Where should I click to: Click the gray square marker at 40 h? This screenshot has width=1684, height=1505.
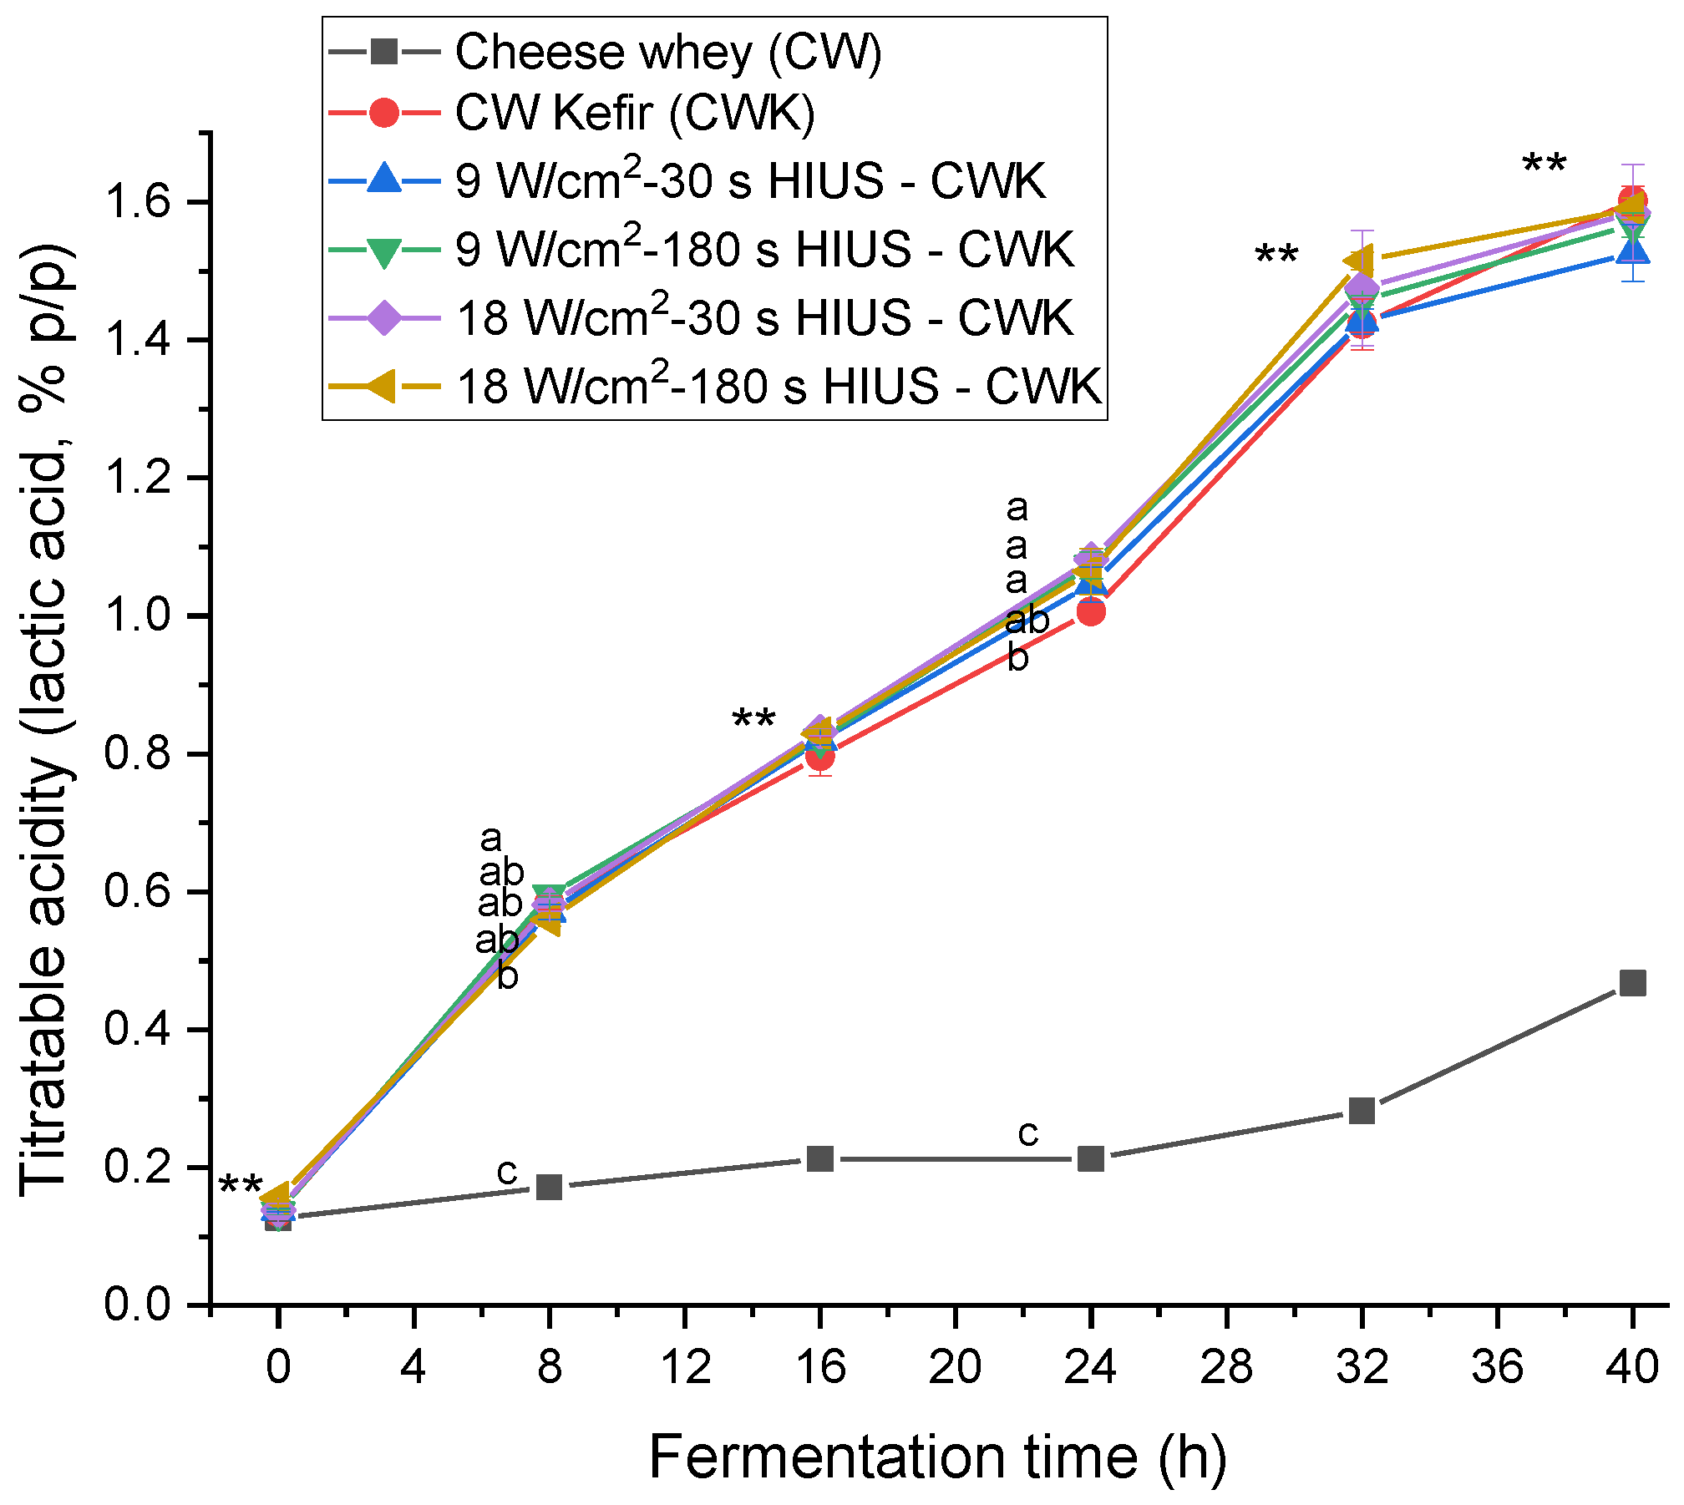[x=1632, y=983]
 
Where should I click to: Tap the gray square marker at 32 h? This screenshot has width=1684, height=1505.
[x=1362, y=1111]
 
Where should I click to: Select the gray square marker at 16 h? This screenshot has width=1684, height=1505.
[x=820, y=1158]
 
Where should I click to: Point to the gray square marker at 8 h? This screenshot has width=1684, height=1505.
[x=549, y=1187]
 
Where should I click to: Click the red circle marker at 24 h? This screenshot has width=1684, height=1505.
[x=1091, y=611]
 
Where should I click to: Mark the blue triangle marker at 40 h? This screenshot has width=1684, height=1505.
[x=1632, y=249]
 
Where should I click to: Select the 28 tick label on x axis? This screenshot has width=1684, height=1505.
[x=1226, y=1367]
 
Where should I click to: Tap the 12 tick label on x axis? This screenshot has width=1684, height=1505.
[x=685, y=1367]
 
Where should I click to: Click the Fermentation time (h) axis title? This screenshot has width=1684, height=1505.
[x=937, y=1457]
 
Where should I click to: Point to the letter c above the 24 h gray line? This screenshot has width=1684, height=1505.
[x=1027, y=1133]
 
